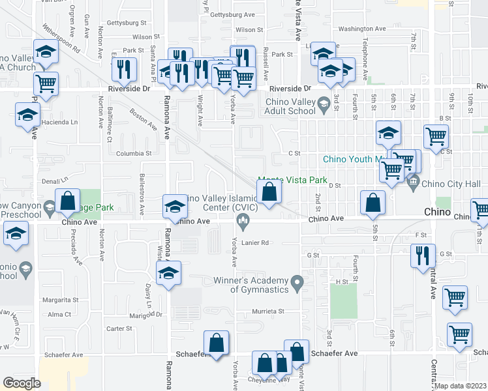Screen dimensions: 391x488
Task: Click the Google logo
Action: point(22,383)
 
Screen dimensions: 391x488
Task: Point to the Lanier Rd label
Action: point(256,242)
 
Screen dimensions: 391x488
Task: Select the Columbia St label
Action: point(134,154)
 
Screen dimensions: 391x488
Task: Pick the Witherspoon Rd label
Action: point(60,38)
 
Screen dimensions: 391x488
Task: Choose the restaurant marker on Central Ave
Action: point(423,254)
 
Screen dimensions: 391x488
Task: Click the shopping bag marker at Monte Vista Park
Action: point(269,192)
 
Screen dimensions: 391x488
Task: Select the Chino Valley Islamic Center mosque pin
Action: point(243,224)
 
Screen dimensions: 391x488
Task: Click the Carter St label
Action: point(119,328)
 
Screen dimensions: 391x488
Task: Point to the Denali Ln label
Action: point(55,179)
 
